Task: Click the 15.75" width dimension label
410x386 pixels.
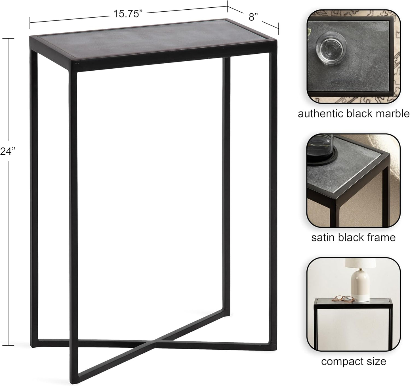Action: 128,14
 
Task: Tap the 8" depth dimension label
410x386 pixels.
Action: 253,17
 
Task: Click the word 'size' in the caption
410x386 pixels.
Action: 378,361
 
